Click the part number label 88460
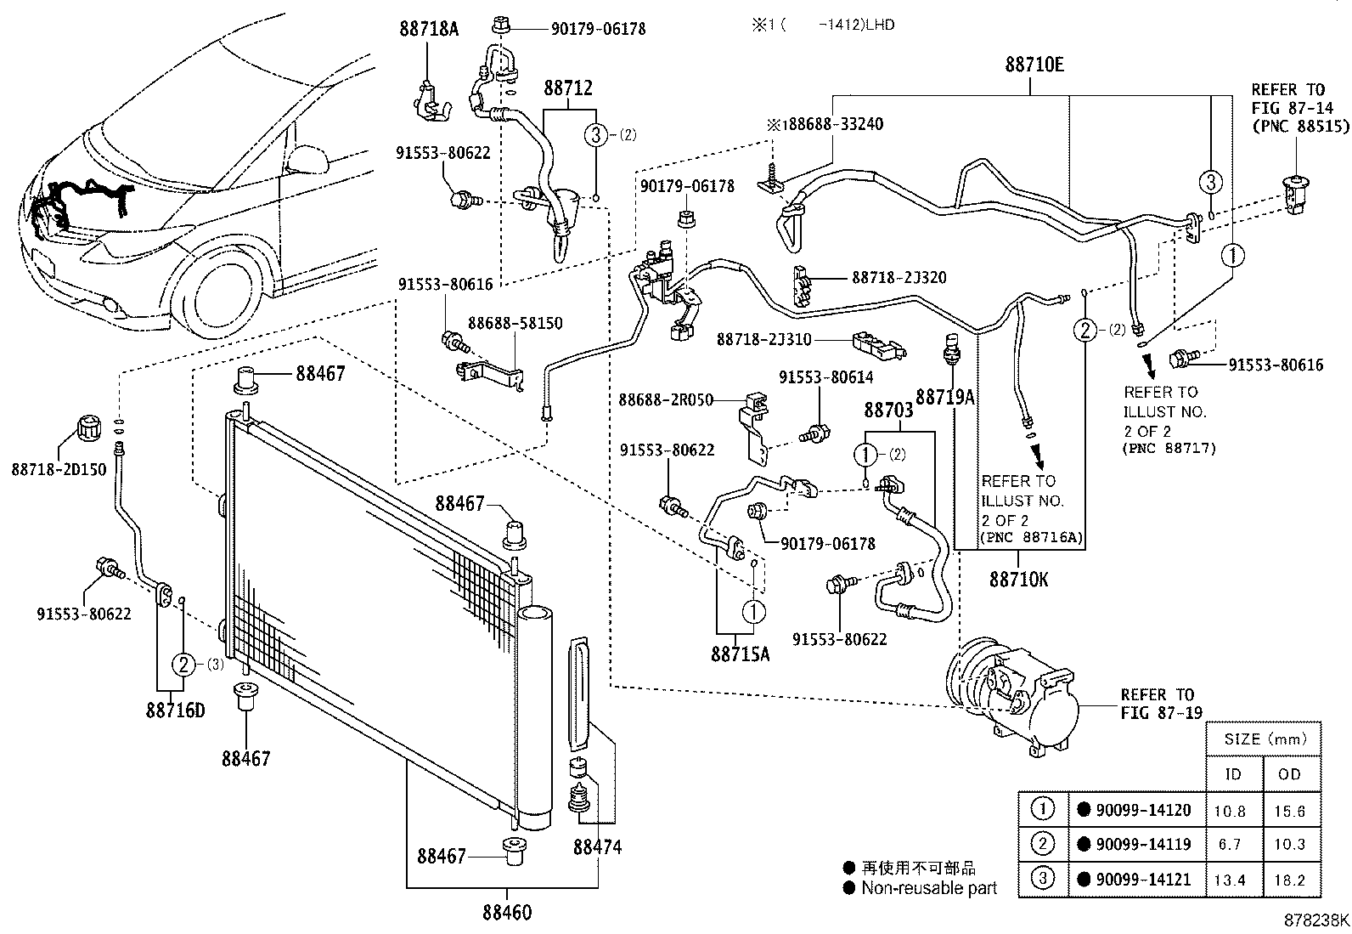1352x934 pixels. click(x=507, y=913)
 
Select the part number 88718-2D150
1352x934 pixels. click(x=59, y=469)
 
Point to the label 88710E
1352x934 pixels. click(x=1034, y=65)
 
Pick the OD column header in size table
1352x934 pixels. click(x=1288, y=774)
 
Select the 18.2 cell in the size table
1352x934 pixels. click(x=1288, y=880)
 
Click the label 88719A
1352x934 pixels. click(x=944, y=397)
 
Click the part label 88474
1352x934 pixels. click(x=597, y=847)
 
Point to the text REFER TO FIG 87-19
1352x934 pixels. click(x=1161, y=704)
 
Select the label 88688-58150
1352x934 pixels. click(x=515, y=324)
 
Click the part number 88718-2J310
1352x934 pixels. click(x=763, y=339)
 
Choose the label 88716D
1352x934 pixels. click(x=175, y=710)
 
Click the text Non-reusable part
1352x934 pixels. click(x=928, y=888)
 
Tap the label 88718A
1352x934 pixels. click(x=429, y=29)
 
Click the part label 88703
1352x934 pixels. click(x=888, y=410)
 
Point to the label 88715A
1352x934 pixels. click(x=741, y=654)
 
